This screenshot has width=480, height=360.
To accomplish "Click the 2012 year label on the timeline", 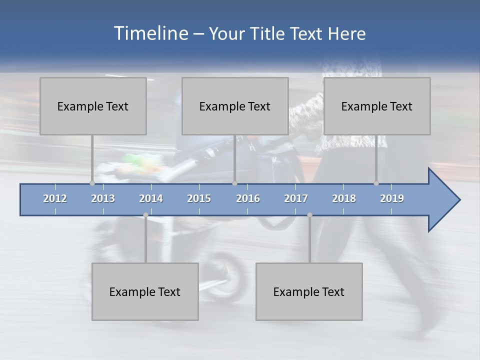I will pos(55,198).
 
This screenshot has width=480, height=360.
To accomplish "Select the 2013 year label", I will pos(103,198).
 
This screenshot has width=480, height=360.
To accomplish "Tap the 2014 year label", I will pos(151,198).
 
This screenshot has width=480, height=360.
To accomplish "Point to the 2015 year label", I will pos(199,198).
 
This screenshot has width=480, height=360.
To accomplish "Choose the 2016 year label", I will pos(248,198).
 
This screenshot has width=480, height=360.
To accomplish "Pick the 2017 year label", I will pos(296,198).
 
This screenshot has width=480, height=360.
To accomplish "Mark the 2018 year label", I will pos(344,198).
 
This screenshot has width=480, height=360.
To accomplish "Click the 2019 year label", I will pos(392,198).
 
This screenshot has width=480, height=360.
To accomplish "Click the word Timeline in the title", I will pos(150,33).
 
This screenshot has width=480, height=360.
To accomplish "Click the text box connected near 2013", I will pos(93,106).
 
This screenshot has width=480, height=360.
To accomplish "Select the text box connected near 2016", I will pos(235,106).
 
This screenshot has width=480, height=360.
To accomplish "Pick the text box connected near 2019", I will pos(377,106).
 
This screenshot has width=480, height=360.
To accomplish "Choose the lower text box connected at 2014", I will pos(145,291).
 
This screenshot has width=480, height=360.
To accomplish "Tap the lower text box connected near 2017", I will pos(309,291).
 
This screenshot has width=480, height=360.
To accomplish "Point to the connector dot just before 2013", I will pos(92,183).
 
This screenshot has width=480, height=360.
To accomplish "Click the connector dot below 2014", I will pos(145,215).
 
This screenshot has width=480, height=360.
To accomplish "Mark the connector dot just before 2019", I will pos(376,183).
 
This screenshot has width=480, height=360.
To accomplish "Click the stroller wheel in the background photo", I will pos(230,272).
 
